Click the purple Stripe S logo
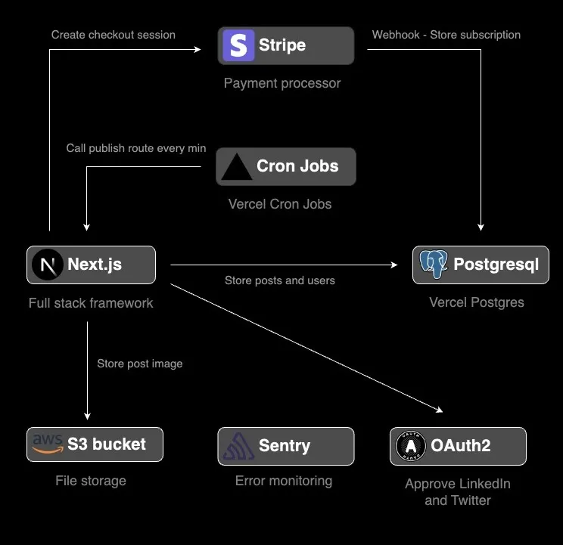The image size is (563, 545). tap(238, 45)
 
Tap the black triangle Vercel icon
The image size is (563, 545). tap(236, 167)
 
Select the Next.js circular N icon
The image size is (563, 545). tap(48, 265)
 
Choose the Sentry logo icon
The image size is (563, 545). tap(238, 446)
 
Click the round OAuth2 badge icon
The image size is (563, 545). tap(411, 446)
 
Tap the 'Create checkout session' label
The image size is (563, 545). tap(114, 35)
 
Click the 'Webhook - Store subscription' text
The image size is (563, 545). tap(446, 35)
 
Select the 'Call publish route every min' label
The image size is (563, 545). tap(136, 148)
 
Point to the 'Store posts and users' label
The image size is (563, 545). tap(280, 280)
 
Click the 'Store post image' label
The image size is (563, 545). tap(140, 364)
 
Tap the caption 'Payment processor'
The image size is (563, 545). tap(282, 83)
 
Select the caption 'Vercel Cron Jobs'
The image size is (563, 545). tap(280, 204)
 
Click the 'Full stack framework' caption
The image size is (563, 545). tap(91, 303)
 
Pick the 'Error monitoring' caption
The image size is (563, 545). tap(284, 481)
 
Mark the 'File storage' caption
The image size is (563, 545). tap(91, 481)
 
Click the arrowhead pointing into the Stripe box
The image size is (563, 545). tap(198, 50)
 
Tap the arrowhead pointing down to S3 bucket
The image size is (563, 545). tap(87, 415)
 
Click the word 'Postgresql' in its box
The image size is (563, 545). tap(496, 265)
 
